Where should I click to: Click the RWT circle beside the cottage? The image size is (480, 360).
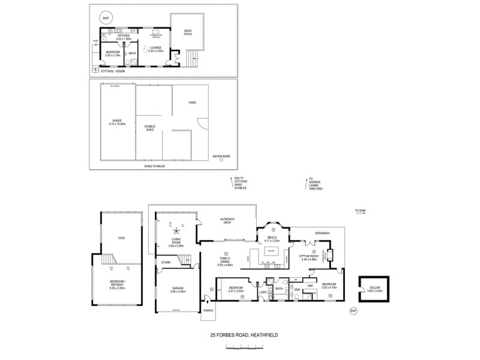point(106,19)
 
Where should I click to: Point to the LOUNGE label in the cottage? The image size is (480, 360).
point(157,48)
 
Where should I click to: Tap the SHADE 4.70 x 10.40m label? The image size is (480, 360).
point(117,122)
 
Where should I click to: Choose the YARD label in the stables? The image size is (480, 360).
point(192,102)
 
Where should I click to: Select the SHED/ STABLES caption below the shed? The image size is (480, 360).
point(155,166)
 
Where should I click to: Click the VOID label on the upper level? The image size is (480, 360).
point(121,238)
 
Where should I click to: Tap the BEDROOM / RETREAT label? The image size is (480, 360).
point(121,286)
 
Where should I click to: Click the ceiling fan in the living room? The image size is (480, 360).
point(176,230)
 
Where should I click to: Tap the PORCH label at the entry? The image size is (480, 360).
point(209,310)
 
